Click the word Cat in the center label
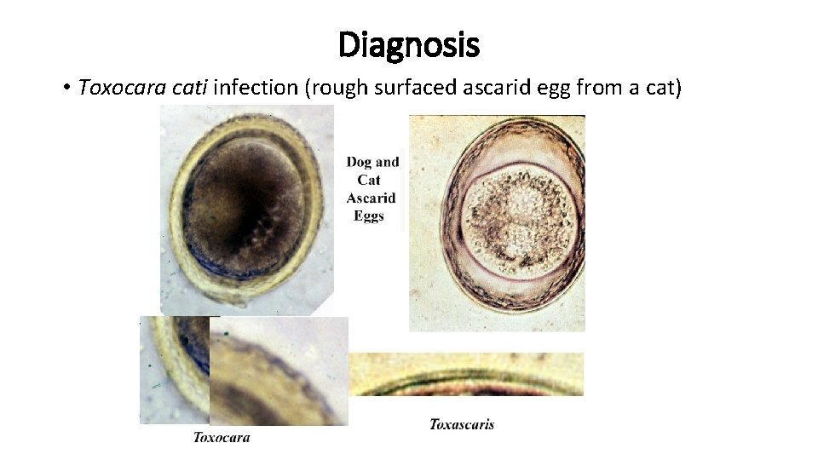[x=369, y=180]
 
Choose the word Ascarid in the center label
[x=372, y=198]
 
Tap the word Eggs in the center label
[x=370, y=216]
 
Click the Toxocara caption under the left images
[x=222, y=437]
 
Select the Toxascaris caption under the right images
[x=461, y=423]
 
